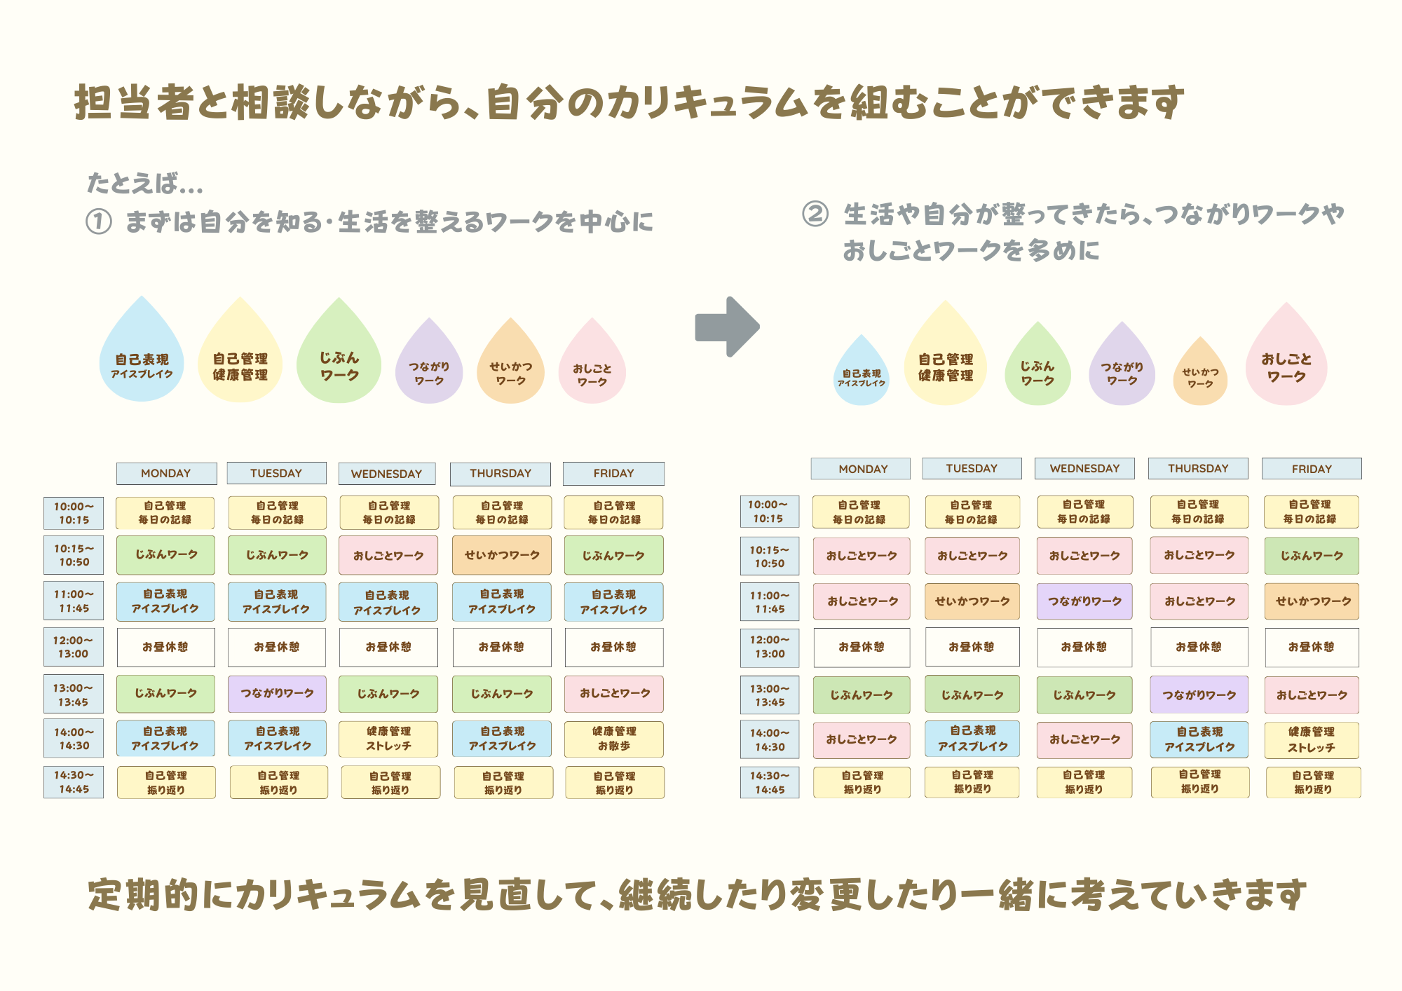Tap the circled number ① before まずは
(x=99, y=222)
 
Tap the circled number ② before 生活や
(x=815, y=214)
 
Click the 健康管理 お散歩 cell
(x=614, y=739)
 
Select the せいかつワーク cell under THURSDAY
(x=502, y=555)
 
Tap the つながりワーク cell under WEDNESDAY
(x=1084, y=601)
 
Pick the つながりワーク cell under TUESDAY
(x=277, y=693)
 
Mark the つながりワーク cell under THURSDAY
(x=1199, y=695)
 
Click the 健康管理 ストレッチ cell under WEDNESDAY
(x=388, y=739)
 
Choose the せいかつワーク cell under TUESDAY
(x=972, y=601)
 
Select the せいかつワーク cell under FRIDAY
(x=1312, y=601)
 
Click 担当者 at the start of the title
(x=134, y=102)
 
